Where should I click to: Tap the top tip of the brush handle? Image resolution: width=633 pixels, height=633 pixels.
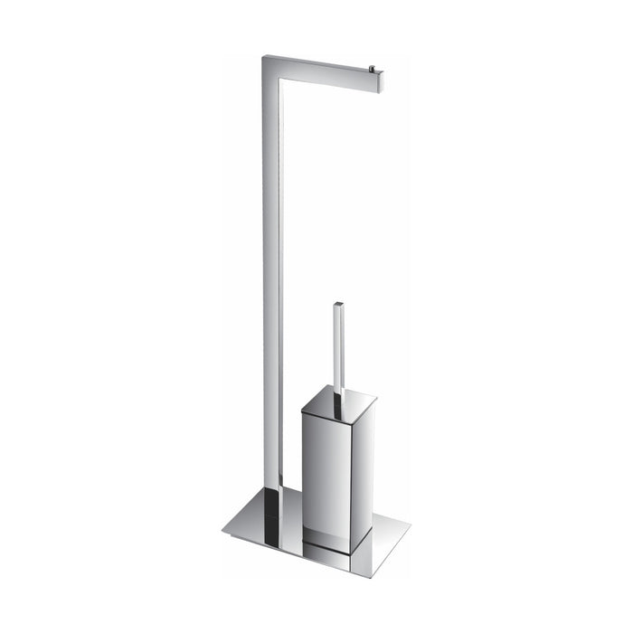(338, 303)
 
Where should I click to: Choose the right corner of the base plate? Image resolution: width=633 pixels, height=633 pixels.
(409, 523)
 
